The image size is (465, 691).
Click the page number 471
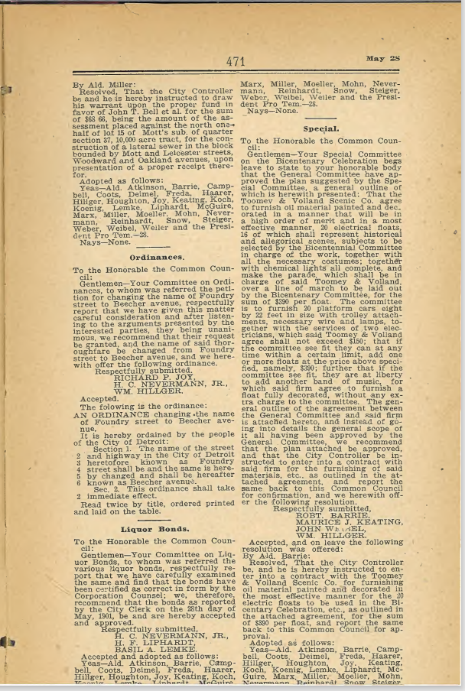coord(236,62)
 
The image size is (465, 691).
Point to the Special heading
coord(320,128)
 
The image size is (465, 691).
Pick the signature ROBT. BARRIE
coord(331,494)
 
